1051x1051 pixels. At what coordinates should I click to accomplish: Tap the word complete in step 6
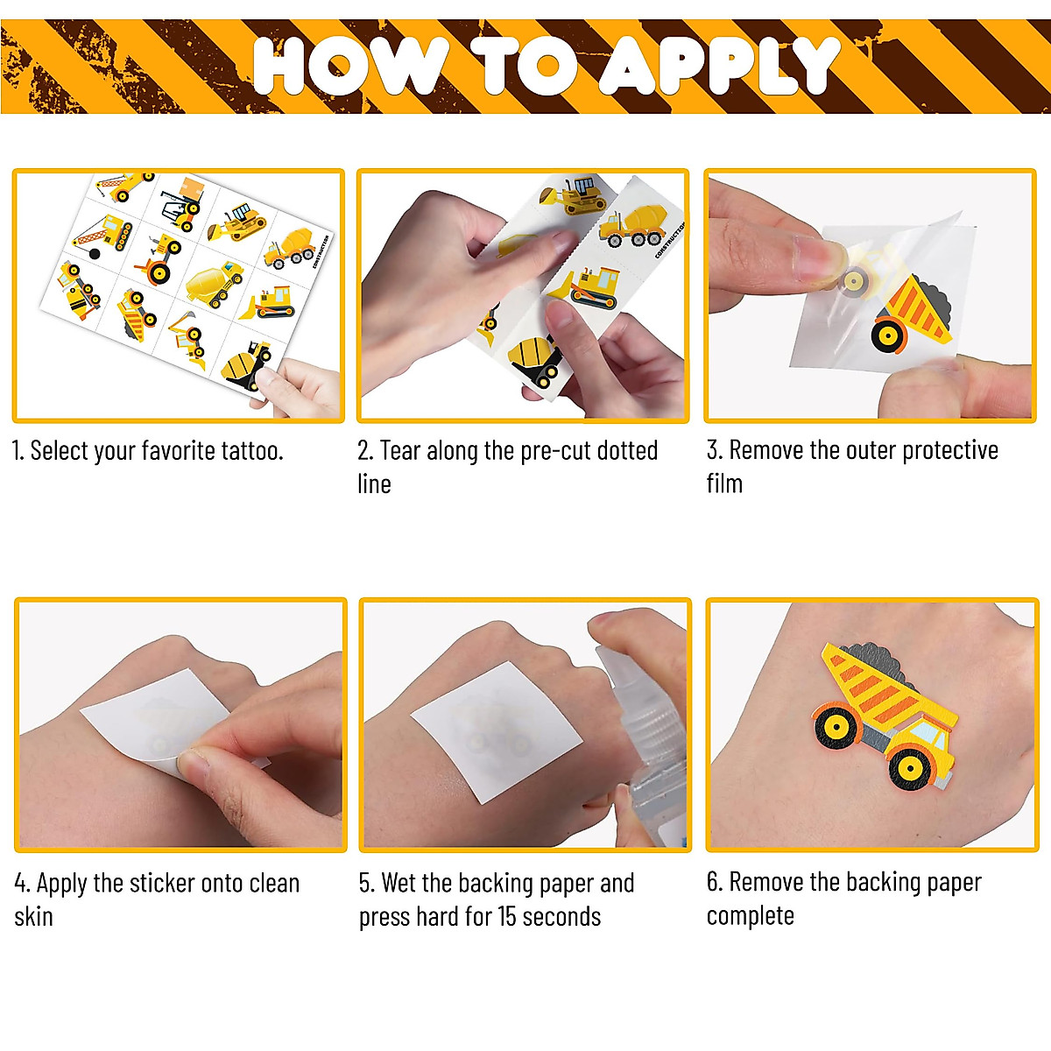pyautogui.click(x=751, y=916)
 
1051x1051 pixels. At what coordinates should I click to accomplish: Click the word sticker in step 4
pyautogui.click(x=162, y=883)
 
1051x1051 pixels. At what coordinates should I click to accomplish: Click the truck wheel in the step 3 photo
pyautogui.click(x=887, y=335)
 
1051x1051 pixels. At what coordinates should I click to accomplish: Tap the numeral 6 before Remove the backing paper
pyautogui.click(x=713, y=882)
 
